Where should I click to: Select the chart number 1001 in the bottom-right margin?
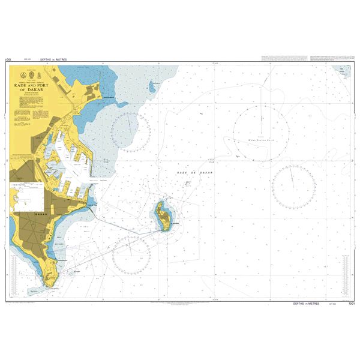tap(352, 304)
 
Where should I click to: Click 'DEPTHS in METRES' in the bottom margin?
tap(307, 304)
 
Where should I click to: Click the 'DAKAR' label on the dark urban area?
tap(41, 213)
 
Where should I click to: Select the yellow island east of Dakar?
tap(162, 217)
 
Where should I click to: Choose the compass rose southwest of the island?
tap(131, 254)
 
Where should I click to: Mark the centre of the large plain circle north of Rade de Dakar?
tap(260, 134)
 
